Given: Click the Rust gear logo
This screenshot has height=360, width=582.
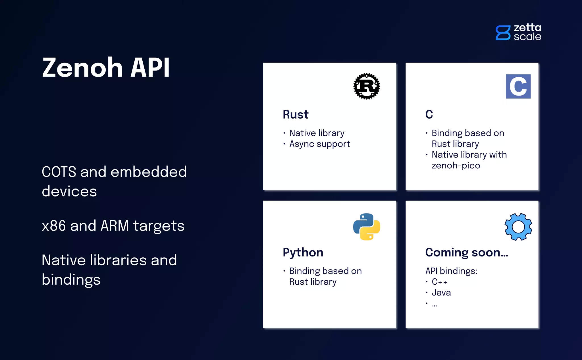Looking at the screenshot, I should pyautogui.click(x=367, y=86).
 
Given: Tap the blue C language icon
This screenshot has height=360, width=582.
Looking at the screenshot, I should pyautogui.click(x=518, y=86).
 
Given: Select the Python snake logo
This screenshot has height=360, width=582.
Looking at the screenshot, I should pyautogui.click(x=367, y=227).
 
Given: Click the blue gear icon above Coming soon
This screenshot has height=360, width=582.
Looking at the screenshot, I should pyautogui.click(x=518, y=227).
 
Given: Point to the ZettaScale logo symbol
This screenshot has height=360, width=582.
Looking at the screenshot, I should pyautogui.click(x=503, y=33).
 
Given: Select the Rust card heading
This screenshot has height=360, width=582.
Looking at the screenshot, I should pyautogui.click(x=295, y=114).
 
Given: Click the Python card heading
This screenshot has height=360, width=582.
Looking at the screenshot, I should pyautogui.click(x=303, y=253).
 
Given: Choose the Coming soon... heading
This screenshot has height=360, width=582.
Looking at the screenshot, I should pyautogui.click(x=466, y=253).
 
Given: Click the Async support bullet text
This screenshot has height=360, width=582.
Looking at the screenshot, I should pyautogui.click(x=319, y=144).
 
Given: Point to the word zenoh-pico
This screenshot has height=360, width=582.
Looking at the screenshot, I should pyautogui.click(x=456, y=165).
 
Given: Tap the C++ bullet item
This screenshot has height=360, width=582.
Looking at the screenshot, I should pyautogui.click(x=439, y=282).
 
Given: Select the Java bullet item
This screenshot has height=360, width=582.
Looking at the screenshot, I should pyautogui.click(x=441, y=293).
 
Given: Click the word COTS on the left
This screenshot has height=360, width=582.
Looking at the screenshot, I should pyautogui.click(x=59, y=172).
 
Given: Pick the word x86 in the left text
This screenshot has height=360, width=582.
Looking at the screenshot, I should pyautogui.click(x=54, y=226).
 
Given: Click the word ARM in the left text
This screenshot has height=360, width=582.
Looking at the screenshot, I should pyautogui.click(x=115, y=226).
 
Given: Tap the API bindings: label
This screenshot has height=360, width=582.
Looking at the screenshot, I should pyautogui.click(x=451, y=271).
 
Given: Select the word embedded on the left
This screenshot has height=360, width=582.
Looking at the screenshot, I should pyautogui.click(x=148, y=172).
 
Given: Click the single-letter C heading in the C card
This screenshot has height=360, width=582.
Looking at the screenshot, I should pyautogui.click(x=429, y=114).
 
